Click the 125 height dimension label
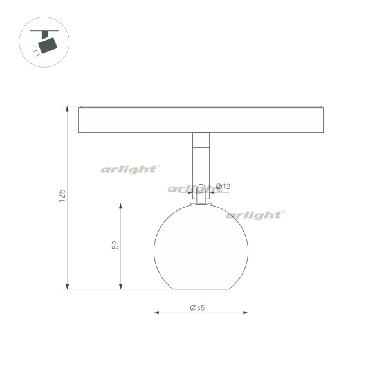tap(62, 196)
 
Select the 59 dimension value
tap(115, 245)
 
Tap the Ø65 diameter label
tap(198, 308)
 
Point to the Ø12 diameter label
tap(223, 187)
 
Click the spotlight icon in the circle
tap(44, 42)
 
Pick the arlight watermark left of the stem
tap(130, 169)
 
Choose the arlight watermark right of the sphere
tap(256, 215)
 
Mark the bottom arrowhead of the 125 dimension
tap(67, 286)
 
